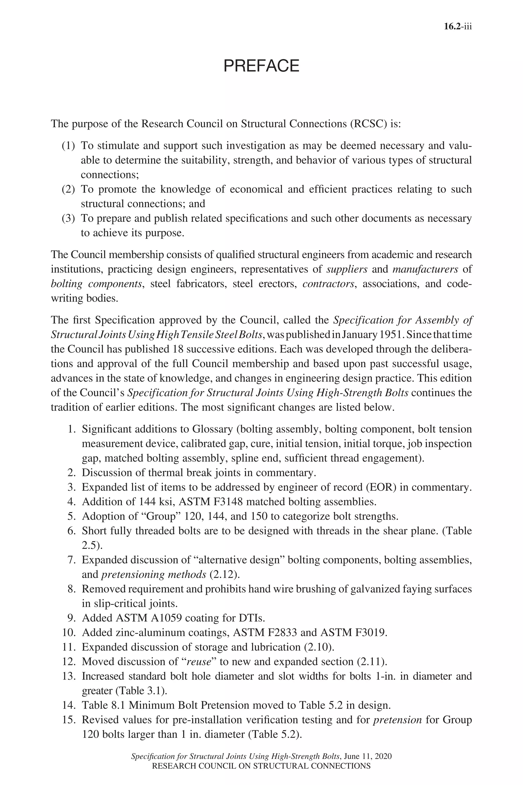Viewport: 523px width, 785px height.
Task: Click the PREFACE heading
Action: pos(261,66)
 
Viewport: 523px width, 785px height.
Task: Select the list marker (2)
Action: pos(68,189)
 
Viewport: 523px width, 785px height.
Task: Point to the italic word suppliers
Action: pos(347,269)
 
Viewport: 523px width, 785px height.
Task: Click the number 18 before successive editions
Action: pos(175,349)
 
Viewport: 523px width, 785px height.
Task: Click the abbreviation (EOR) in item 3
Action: pos(381,487)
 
